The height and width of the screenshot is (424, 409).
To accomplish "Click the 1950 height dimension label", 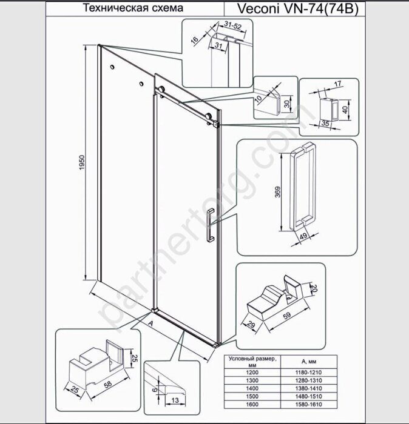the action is [x=82, y=162].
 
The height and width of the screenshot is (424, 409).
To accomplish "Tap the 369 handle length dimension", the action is [x=278, y=192].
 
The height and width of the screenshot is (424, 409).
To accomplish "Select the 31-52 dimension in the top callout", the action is [x=233, y=25].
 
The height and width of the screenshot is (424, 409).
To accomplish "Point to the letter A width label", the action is [x=151, y=323].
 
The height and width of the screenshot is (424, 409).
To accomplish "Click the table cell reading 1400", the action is [x=252, y=389].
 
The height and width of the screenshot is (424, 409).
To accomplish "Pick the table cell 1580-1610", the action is [x=308, y=405].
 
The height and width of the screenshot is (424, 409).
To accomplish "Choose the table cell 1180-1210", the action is [x=308, y=373].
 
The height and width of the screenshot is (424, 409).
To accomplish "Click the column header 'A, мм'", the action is [x=308, y=362].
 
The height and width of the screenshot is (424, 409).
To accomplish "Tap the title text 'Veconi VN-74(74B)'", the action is [x=298, y=8].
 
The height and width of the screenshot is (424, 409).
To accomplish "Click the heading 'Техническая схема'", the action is [x=133, y=8].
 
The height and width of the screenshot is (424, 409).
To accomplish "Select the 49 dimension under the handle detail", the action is [x=303, y=236].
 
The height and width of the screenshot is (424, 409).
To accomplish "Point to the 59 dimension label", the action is [x=287, y=316].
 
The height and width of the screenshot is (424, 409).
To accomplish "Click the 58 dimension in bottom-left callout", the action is [x=108, y=385].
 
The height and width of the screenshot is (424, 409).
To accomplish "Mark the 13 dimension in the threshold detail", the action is [x=175, y=400].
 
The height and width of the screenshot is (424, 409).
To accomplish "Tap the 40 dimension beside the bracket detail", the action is [x=345, y=110].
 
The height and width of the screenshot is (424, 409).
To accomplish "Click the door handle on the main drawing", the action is [x=211, y=225].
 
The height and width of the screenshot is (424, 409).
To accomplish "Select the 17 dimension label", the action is [x=337, y=84].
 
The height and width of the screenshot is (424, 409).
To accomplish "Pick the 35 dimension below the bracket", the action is [x=325, y=124].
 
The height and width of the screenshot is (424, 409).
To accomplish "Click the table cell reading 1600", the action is [x=252, y=405].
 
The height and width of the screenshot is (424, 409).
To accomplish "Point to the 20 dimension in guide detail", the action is [x=314, y=288].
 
